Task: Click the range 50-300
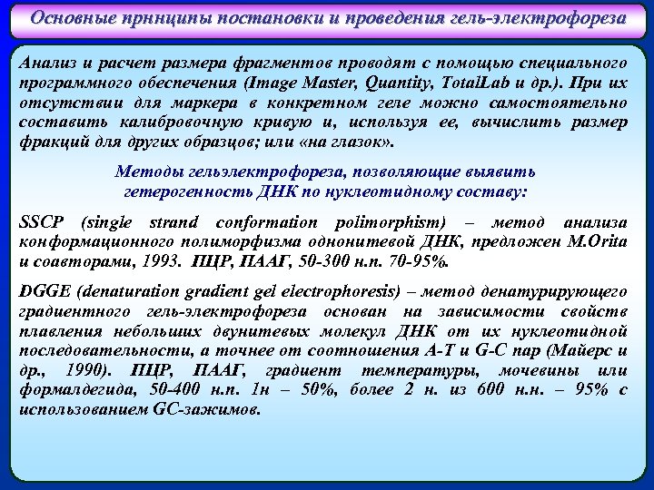pos(301,263)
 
